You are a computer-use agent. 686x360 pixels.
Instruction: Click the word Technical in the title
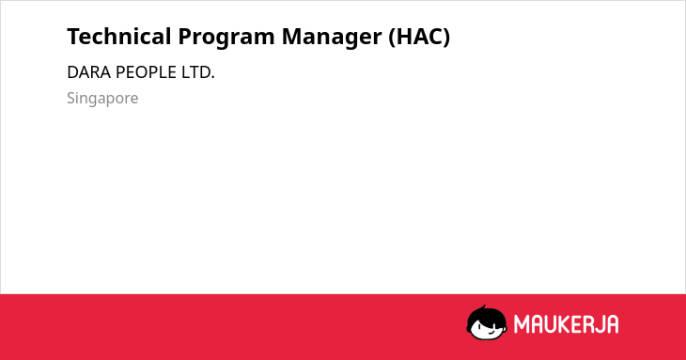pos(119,37)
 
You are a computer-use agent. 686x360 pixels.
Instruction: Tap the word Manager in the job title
pos(332,38)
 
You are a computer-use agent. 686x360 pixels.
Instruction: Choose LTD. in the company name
pos(198,72)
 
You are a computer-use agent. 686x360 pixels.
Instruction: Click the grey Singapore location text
pos(102,99)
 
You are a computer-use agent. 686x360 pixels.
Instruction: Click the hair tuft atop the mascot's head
pos(483,307)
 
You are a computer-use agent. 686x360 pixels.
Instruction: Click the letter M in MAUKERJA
pos(521,324)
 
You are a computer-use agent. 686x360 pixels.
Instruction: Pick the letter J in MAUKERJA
pos(598,324)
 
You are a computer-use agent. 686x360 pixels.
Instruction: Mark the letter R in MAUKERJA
pos(587,324)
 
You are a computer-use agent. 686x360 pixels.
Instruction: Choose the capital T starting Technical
pos(73,37)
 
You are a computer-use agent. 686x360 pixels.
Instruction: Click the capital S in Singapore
pos(71,98)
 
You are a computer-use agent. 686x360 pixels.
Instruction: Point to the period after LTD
pos(213,78)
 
